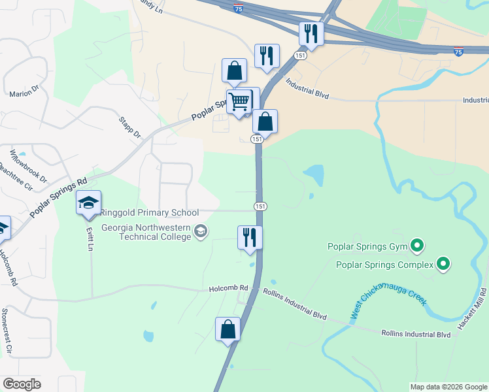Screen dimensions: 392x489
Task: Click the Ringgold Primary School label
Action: point(149,213)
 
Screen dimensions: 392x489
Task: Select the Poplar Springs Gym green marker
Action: point(417,246)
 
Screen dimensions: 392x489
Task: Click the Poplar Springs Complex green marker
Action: point(443,265)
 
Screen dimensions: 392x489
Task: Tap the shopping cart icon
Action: point(239,101)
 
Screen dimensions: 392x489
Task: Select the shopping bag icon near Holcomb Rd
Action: point(228,329)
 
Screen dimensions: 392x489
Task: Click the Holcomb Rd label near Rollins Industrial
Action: point(229,288)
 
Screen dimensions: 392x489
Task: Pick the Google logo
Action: point(22,384)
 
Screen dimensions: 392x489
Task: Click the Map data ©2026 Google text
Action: point(448,387)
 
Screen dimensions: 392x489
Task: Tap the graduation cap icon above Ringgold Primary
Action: point(88,203)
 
